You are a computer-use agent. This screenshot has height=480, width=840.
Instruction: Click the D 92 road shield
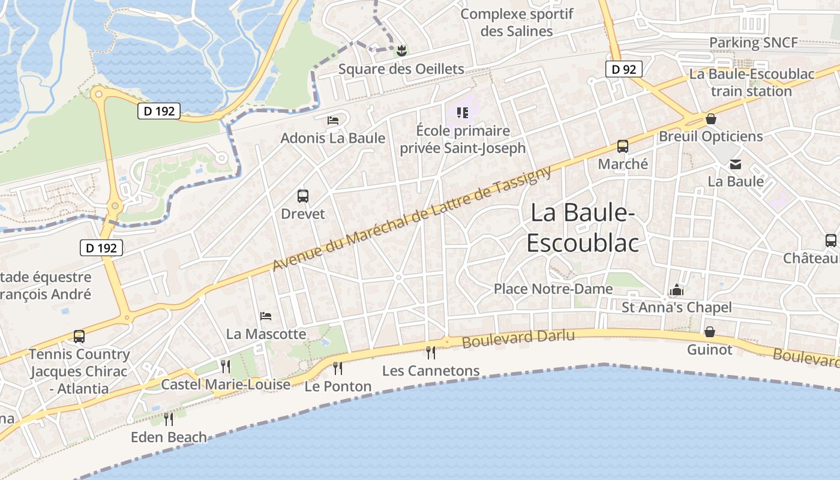click(623, 70)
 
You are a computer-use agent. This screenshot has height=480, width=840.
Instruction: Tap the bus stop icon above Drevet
click(303, 196)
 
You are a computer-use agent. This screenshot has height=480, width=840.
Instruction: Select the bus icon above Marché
click(623, 146)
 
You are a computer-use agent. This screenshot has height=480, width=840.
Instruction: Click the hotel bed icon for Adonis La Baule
click(333, 121)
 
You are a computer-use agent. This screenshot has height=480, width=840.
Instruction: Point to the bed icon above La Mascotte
click(266, 316)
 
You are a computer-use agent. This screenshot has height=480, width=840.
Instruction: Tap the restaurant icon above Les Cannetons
click(431, 352)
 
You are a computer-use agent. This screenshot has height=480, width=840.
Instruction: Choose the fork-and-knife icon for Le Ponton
click(338, 367)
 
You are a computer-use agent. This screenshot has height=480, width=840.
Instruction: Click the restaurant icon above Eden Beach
click(169, 419)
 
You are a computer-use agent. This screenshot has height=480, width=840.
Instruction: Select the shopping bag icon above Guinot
click(709, 331)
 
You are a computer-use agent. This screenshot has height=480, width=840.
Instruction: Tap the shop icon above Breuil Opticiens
click(710, 119)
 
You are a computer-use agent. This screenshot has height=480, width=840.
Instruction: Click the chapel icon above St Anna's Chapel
click(677, 290)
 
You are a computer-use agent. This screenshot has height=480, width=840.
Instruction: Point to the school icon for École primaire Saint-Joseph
click(462, 112)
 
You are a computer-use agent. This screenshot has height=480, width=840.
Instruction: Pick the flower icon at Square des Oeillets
click(401, 51)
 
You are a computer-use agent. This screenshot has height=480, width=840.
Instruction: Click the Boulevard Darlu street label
click(518, 338)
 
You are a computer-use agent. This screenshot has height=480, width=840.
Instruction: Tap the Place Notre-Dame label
click(553, 289)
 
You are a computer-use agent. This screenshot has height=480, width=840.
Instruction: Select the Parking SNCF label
click(754, 43)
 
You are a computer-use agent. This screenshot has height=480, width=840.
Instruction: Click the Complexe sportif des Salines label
click(517, 22)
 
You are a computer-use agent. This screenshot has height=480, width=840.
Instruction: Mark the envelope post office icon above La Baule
click(736, 164)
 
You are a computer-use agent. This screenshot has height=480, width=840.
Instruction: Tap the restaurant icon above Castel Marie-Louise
click(226, 366)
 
